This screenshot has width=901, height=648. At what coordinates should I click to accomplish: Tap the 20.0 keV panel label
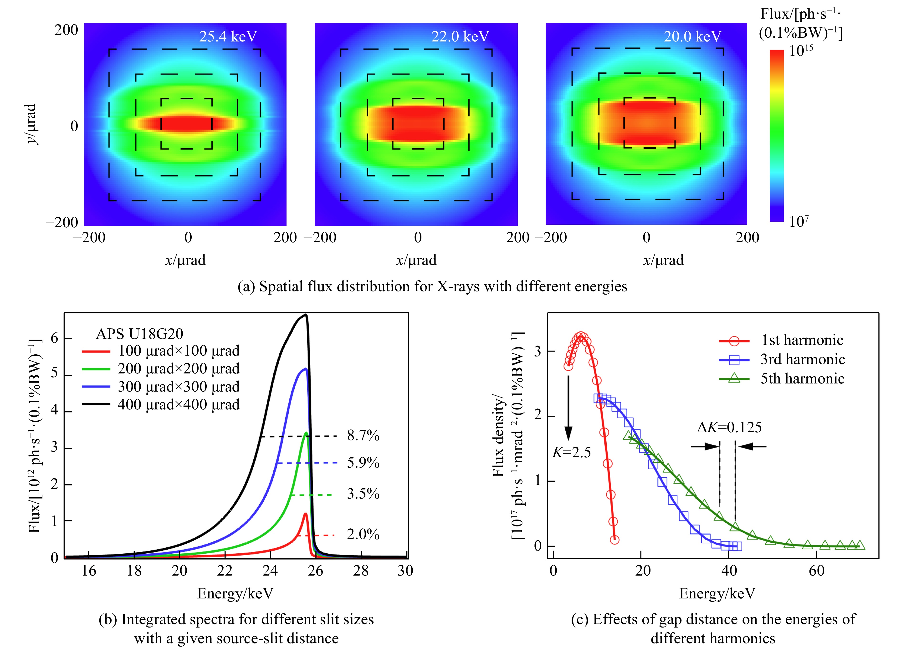click(x=692, y=36)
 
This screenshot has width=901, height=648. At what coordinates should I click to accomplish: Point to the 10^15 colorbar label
click(x=800, y=51)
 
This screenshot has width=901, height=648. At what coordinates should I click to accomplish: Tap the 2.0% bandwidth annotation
click(x=363, y=534)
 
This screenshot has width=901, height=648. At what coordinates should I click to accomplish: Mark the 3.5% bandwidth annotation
click(x=363, y=494)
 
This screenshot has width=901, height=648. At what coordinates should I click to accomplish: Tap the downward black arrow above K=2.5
click(x=568, y=409)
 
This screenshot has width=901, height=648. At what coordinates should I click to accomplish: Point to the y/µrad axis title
click(x=31, y=124)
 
